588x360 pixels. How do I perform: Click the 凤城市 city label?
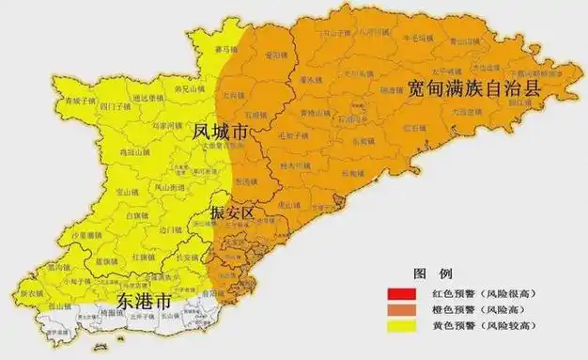[x=220, y=131]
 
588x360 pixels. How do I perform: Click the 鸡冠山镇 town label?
[x=136, y=151]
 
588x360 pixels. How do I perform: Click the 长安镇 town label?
[x=188, y=257]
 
